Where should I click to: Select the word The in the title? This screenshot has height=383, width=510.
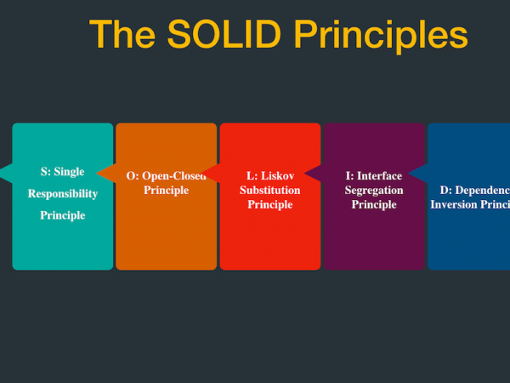pos(124,35)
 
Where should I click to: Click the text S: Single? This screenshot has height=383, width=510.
pos(63,172)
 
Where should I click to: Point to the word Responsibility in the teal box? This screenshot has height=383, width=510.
pos(63,193)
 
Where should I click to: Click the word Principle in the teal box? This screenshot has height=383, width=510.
pos(63,215)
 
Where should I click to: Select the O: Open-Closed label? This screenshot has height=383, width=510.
pos(167,176)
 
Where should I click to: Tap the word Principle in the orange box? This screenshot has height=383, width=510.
pos(167,190)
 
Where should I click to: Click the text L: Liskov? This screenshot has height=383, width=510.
pos(270,176)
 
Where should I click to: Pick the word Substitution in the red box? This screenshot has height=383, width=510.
pos(270,190)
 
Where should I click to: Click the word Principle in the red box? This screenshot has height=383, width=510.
pos(270,204)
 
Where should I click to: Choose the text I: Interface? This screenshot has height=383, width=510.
pos(374,176)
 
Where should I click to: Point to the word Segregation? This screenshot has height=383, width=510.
pos(374,190)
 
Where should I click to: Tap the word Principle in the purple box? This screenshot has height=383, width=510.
pos(374,204)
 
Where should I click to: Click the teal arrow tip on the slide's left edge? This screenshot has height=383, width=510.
pos(5,173)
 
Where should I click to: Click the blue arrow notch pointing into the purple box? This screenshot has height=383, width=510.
pos(416,173)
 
